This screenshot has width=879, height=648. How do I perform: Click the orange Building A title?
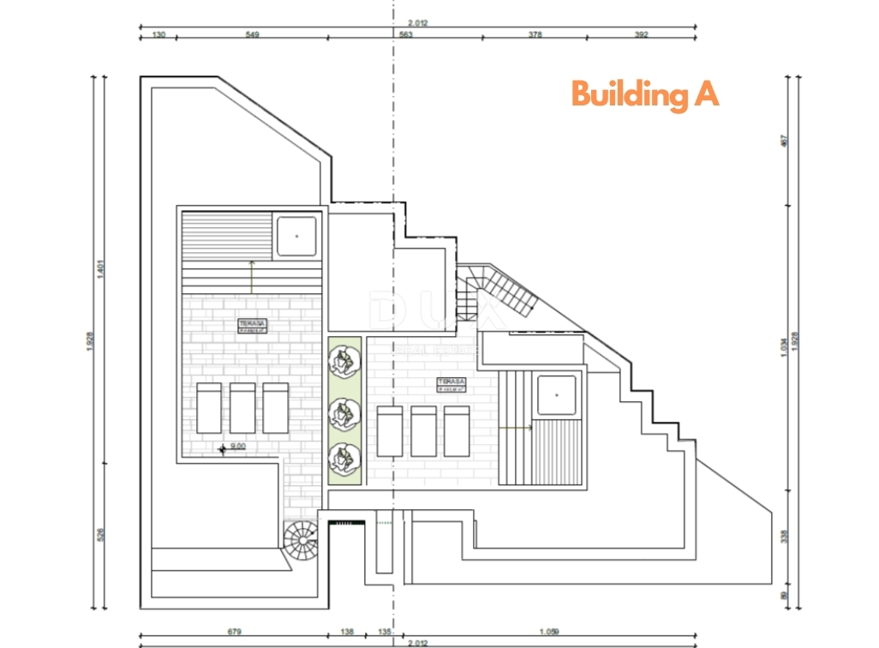tap(644, 94)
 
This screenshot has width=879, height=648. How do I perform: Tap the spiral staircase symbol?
tap(300, 538)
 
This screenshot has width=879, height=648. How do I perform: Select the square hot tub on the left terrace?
tap(296, 234)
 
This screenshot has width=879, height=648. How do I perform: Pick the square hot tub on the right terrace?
tap(557, 394)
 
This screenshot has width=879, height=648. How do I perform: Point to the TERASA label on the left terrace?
tap(252, 325)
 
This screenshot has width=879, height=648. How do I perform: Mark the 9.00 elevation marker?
tap(233, 447)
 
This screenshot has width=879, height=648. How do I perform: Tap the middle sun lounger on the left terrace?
tap(242, 408)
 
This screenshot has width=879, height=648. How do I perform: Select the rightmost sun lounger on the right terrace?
tap(457, 430)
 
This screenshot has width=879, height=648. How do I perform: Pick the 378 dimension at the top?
tap(535, 35)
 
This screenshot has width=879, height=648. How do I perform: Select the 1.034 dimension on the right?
tap(783, 347)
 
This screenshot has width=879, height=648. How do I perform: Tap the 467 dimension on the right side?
tap(783, 141)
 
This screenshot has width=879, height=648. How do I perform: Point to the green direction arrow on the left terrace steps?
tap(251, 274)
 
